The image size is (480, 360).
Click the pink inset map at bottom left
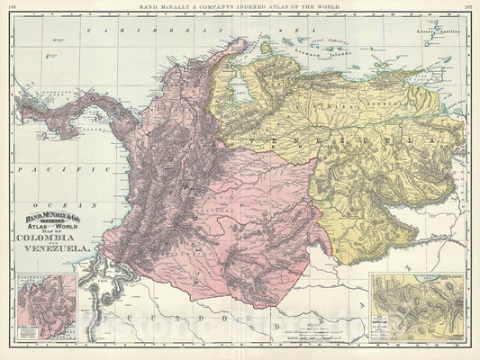46,310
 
